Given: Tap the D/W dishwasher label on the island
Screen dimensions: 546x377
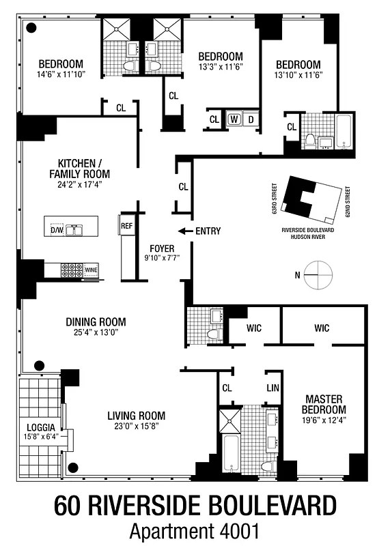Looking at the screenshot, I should point(57,230).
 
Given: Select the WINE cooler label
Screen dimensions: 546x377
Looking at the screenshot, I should point(92,270).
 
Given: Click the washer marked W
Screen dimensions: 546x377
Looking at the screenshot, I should point(234,119).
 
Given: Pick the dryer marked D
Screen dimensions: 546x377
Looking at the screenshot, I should point(251,119).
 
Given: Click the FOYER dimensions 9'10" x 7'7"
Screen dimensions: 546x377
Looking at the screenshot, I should point(162,259).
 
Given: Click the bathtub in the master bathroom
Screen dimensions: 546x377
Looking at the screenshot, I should point(229,452).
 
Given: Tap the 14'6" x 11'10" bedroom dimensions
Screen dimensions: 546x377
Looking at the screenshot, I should point(61,74).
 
